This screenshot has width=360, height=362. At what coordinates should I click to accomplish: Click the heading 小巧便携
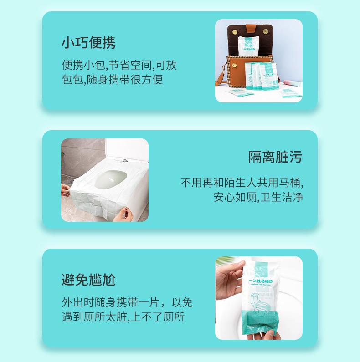(88, 42)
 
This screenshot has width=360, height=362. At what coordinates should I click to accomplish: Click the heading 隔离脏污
(275, 157)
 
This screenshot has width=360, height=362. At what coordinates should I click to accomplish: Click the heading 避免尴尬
(88, 279)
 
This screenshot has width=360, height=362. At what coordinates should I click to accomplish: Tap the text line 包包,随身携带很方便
(112, 79)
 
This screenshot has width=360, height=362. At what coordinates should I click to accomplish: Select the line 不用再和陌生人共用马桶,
(242, 183)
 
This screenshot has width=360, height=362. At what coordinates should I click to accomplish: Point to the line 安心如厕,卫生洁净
(258, 197)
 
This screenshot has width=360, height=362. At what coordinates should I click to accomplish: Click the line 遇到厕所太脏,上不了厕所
(123, 317)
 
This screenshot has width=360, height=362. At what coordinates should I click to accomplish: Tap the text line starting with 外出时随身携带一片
(127, 302)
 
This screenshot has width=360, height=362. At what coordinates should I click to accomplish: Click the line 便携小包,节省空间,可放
(119, 65)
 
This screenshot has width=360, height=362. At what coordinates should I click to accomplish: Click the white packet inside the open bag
(251, 45)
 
